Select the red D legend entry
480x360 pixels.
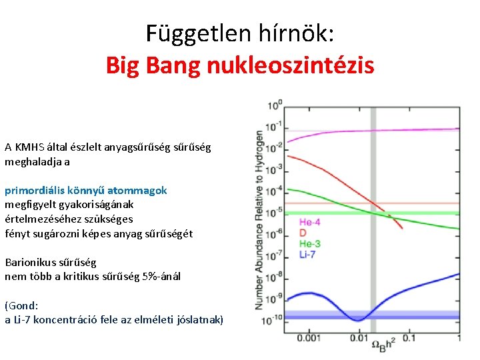(x=303, y=233)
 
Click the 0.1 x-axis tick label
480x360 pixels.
(x=408, y=339)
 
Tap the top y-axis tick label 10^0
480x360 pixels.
(x=275, y=105)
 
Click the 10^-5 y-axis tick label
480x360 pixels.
(x=274, y=213)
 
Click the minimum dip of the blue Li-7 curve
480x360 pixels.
(x=359, y=320)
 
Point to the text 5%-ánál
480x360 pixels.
(x=161, y=276)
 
